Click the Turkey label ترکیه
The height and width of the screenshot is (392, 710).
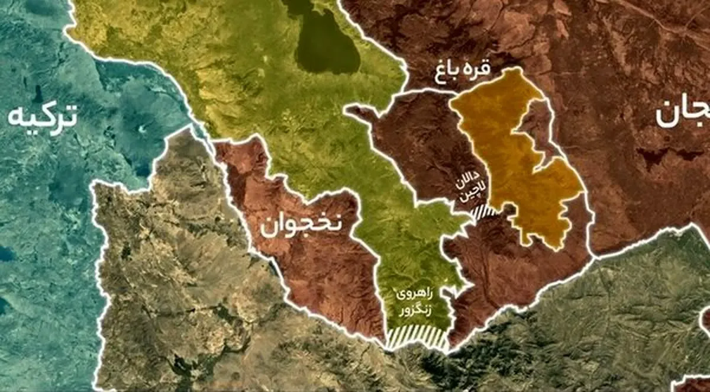43,117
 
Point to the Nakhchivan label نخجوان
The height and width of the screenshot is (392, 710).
299,226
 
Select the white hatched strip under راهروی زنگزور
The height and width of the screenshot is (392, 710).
417,338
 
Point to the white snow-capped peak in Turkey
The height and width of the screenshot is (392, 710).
143,128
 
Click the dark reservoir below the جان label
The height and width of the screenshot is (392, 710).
657,157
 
